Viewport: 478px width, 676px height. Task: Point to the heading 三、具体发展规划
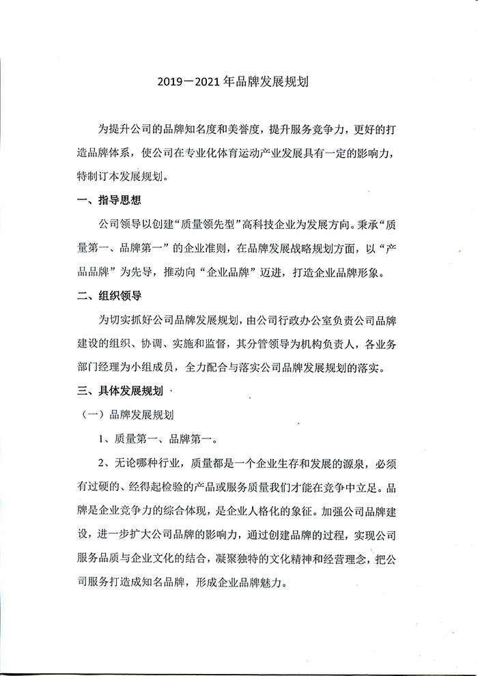122,392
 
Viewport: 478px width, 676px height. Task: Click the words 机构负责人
367,341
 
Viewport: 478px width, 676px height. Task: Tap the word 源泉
354,466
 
